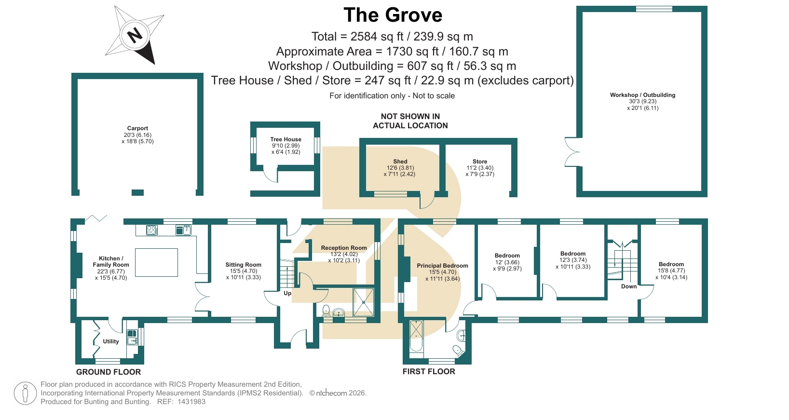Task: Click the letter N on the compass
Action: [x=135, y=35]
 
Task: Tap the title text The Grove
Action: [x=393, y=15]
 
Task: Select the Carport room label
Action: [x=137, y=128]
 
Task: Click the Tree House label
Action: [x=286, y=139]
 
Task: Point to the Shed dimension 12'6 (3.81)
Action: [x=400, y=168]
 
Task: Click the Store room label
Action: [x=480, y=162]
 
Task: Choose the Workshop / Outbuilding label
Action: [x=642, y=95]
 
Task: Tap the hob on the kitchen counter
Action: [x=152, y=230]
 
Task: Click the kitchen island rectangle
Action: [x=156, y=262]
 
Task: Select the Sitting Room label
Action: [x=244, y=265]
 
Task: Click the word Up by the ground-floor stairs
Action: [x=287, y=293]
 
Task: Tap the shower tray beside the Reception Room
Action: [x=364, y=302]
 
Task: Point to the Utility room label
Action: [x=110, y=341]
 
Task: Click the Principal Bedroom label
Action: [x=442, y=266]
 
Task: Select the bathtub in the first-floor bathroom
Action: [x=416, y=336]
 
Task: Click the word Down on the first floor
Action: [x=629, y=286]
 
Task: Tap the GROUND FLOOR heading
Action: [x=109, y=372]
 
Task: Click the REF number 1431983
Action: [x=191, y=402]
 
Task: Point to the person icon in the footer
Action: [x=26, y=393]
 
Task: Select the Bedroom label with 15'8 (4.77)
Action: [x=671, y=264]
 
